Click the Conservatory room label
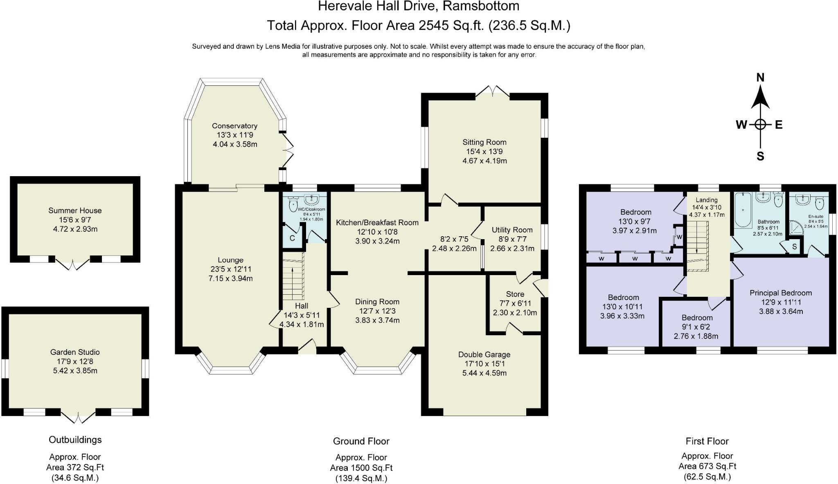[x=234, y=126]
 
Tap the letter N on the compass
[x=760, y=77]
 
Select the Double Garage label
[x=484, y=354]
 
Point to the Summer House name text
[x=75, y=211]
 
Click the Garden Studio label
[x=75, y=352]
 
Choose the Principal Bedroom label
[x=781, y=293]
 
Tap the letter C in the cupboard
[x=292, y=238]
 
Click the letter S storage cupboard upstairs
[x=794, y=247]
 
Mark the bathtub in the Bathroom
[x=743, y=210]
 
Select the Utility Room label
[x=512, y=230]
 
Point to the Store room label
[x=515, y=294]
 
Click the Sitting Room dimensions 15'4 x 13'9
[x=484, y=151]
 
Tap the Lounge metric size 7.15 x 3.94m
[x=230, y=278]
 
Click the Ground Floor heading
[x=361, y=441]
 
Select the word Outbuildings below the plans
[x=75, y=440]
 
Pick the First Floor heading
[x=707, y=441]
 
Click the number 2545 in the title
[x=434, y=25]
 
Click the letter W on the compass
[x=741, y=125]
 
